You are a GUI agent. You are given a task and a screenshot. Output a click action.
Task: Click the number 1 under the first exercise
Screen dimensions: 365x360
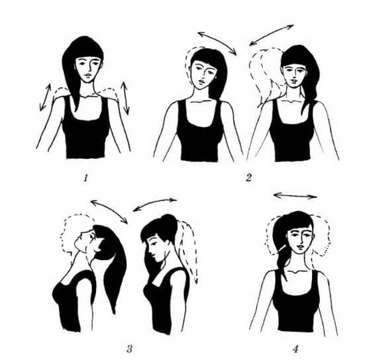(86, 178)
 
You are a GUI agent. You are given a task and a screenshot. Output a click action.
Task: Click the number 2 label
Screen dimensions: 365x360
(248, 177)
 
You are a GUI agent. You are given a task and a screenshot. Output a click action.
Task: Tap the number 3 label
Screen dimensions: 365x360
(130, 349)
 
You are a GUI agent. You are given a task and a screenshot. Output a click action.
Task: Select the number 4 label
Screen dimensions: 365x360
(295, 349)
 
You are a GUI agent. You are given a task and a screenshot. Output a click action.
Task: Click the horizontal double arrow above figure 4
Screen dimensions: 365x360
(295, 196)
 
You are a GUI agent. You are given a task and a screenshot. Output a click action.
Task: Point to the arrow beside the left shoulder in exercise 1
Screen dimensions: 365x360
(45, 97)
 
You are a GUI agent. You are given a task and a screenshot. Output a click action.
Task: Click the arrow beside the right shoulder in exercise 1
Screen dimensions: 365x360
(125, 98)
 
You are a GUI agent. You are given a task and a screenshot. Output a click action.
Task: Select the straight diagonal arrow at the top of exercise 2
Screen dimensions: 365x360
(272, 35)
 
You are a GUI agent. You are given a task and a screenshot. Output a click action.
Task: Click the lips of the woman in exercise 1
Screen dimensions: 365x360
(87, 75)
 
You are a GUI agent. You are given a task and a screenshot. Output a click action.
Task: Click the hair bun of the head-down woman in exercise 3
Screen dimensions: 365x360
(169, 222)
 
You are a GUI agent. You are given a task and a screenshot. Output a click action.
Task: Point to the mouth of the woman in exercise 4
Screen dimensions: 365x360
(300, 246)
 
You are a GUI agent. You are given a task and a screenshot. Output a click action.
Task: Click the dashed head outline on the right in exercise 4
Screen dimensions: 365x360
(323, 235)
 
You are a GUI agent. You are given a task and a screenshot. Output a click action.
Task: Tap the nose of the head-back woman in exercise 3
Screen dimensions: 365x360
(80, 235)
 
